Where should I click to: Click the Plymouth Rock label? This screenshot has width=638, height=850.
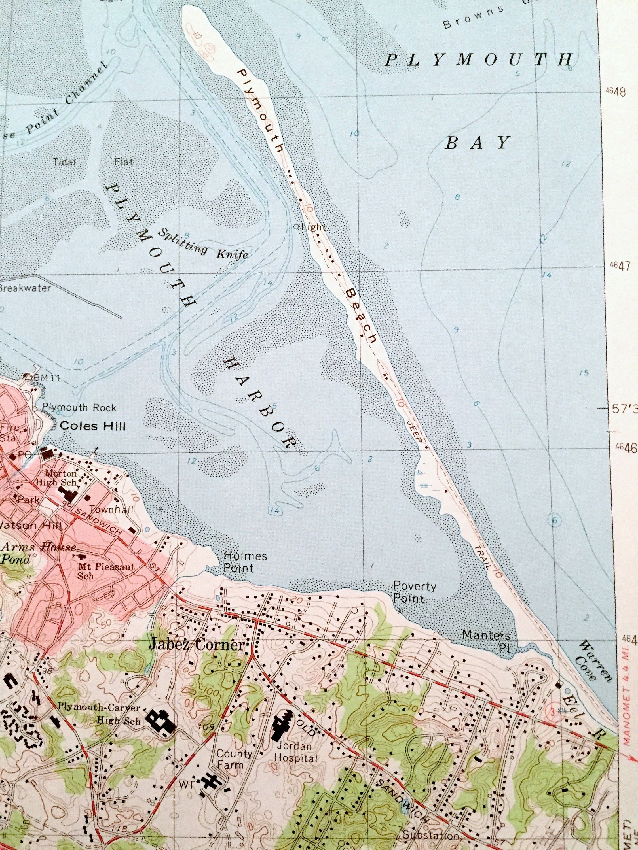(x=79, y=408)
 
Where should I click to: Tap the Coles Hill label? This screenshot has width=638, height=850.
(x=93, y=426)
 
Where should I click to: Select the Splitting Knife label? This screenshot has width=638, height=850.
(x=203, y=244)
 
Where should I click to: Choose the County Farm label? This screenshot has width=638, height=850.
(x=234, y=759)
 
